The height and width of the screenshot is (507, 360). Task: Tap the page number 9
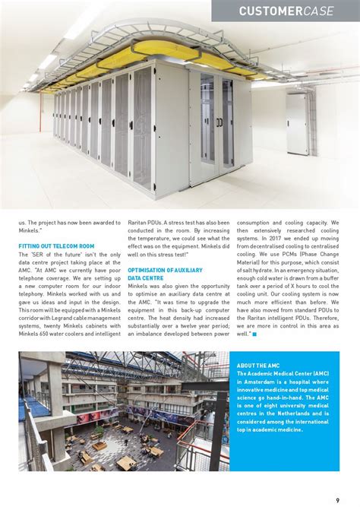[337, 499]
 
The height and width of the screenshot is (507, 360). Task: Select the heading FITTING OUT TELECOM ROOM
[56, 246]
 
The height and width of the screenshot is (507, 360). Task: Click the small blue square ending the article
[255, 334]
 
